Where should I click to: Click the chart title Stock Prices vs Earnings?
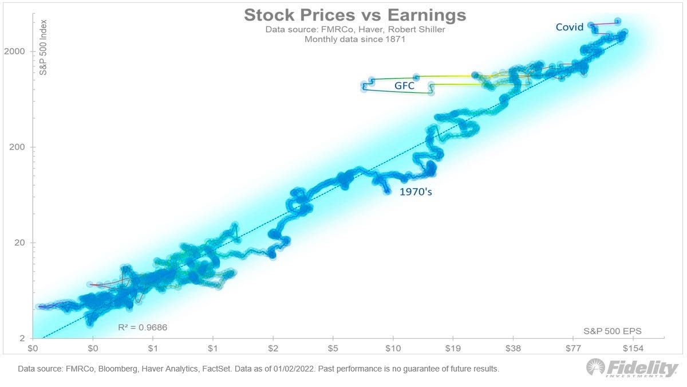click(x=355, y=15)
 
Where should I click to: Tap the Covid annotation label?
click(x=570, y=27)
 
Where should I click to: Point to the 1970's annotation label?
click(x=416, y=192)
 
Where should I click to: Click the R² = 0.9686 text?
click(x=143, y=327)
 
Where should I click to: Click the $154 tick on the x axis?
click(x=633, y=348)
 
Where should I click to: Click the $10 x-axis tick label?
click(x=393, y=348)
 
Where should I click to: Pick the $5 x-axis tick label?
click(x=333, y=348)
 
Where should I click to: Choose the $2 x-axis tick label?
click(x=273, y=348)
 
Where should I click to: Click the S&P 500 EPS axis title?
click(x=613, y=331)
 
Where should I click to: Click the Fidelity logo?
click(x=632, y=369)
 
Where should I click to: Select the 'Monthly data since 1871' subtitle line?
click(x=355, y=40)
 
